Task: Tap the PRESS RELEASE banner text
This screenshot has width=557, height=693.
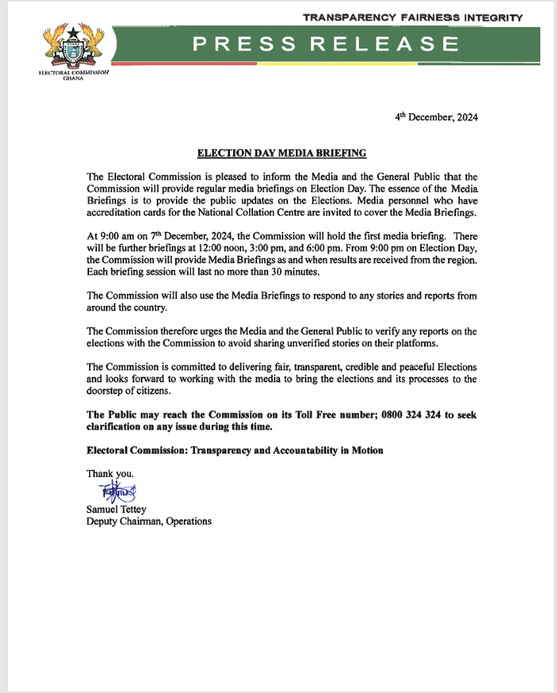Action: pyautogui.click(x=325, y=45)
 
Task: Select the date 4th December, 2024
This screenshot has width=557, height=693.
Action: pyautogui.click(x=436, y=117)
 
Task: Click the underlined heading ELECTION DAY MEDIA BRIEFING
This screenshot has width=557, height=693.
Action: pyautogui.click(x=282, y=152)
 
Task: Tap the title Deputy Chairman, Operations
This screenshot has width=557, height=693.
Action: pyautogui.click(x=149, y=522)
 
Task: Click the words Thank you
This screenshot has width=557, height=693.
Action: pyautogui.click(x=110, y=474)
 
